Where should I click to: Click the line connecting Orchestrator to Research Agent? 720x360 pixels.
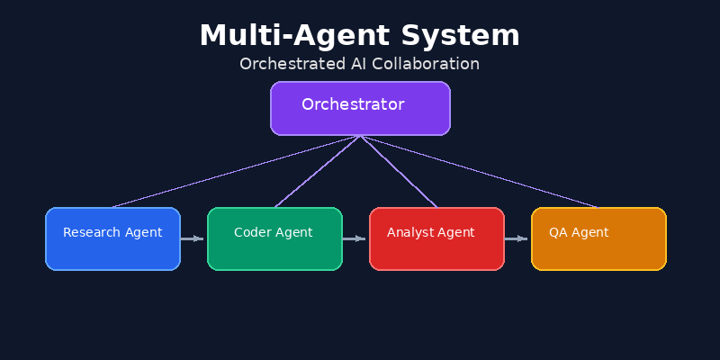(x=236, y=171)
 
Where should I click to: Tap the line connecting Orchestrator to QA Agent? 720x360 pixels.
(x=479, y=171)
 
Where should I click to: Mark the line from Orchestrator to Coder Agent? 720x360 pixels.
(x=317, y=171)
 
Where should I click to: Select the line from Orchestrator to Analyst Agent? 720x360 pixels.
(x=399, y=171)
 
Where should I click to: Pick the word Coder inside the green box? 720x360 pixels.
(x=253, y=232)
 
